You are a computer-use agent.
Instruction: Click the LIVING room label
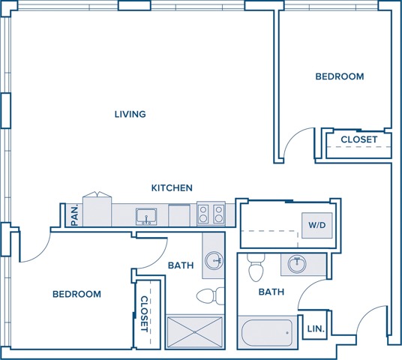point(130,115)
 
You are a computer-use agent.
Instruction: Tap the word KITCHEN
point(172,188)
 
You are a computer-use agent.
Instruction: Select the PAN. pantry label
point(74,215)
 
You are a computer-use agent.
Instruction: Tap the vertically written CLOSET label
point(144,313)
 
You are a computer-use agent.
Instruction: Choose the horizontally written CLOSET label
point(359,139)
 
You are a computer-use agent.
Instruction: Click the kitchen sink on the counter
point(145,217)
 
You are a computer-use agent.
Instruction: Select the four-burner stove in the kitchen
point(211,214)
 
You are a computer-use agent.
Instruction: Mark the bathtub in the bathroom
point(267,331)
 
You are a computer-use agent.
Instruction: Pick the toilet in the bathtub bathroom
point(256,268)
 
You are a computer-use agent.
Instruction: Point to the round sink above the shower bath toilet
point(214,260)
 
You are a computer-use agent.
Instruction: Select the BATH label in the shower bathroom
point(181,265)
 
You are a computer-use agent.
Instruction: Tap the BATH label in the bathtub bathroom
point(271,292)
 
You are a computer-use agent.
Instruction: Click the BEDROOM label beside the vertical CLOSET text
point(76,294)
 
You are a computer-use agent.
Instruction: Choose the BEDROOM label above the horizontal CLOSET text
point(339,76)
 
